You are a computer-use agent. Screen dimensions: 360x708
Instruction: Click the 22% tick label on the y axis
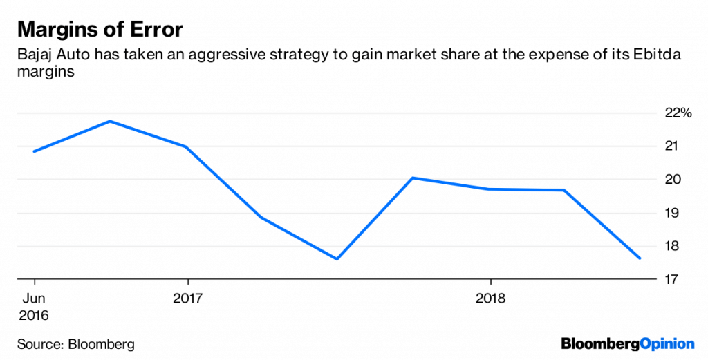click(x=678, y=113)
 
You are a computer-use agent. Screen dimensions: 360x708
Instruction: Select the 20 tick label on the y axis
click(x=672, y=180)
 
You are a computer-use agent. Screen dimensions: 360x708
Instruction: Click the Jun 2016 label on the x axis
click(x=34, y=307)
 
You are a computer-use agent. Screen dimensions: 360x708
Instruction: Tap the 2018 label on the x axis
click(x=490, y=299)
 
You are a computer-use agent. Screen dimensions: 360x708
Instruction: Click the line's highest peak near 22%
click(x=111, y=122)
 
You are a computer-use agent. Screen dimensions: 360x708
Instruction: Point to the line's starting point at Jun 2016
click(x=34, y=151)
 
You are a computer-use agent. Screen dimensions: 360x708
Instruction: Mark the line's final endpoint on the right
click(x=640, y=258)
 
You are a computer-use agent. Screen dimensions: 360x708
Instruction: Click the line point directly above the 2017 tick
click(x=187, y=146)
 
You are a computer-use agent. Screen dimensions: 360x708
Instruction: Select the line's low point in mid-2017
click(x=337, y=259)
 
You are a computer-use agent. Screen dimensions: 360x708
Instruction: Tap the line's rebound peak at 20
click(x=413, y=178)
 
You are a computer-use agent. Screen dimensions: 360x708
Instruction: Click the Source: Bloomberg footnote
click(x=76, y=343)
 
